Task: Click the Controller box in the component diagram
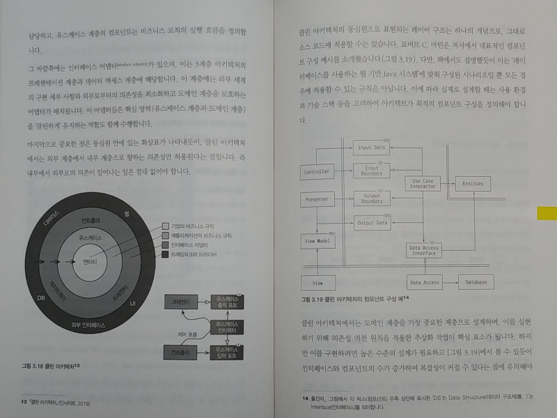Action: [x=317, y=171]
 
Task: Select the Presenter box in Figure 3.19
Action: [x=317, y=199]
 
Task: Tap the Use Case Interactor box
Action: [x=423, y=183]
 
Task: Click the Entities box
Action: [x=473, y=183]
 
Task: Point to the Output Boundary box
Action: [x=370, y=197]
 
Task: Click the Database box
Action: [x=476, y=282]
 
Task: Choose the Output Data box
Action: [x=370, y=223]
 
